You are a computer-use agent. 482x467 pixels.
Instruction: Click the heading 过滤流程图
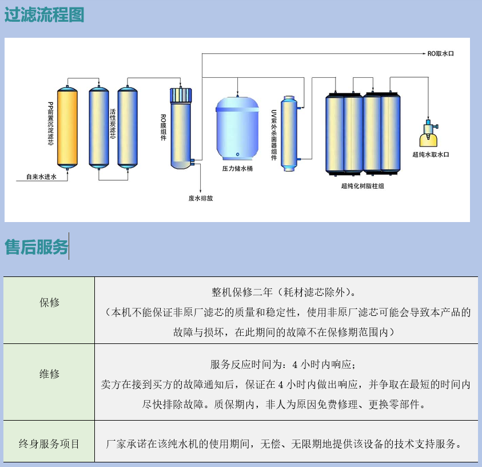pos(44,14)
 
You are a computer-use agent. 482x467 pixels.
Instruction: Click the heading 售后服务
pos(36,247)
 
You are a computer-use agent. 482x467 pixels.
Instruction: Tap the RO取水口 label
pos(440,54)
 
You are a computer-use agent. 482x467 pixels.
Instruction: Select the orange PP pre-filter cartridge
pos(67,128)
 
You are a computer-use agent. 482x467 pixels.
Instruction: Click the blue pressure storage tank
pos(237,128)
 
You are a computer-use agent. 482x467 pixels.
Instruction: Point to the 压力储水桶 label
pos(237,168)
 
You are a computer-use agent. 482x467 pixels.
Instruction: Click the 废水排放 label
pos(201,198)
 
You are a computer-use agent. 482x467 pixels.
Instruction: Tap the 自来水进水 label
pos(41,177)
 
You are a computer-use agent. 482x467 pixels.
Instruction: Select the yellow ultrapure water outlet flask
pos(429,133)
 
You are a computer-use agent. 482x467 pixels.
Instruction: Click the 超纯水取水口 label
pos(431,155)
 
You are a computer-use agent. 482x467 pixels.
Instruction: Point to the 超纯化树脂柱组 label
pos(363,186)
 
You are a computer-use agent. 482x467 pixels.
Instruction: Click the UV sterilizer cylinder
pos(289,133)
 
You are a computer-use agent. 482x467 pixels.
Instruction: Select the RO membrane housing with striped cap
pos(181,128)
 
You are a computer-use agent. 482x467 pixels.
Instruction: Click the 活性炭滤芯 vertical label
pos(113,124)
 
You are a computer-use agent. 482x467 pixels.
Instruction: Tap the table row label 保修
pos(49,302)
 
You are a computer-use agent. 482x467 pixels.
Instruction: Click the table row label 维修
pos(49,374)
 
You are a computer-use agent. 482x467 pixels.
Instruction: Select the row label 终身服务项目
pos(49,444)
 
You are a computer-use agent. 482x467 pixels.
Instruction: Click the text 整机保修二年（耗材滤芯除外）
pos(284,292)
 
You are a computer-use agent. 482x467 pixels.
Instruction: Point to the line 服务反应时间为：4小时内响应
pos(283,364)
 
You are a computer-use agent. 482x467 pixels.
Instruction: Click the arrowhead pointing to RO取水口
pos(424,54)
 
